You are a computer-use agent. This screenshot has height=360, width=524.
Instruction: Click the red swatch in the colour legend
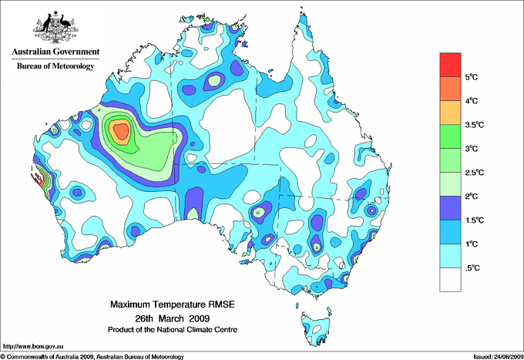pos(450,65)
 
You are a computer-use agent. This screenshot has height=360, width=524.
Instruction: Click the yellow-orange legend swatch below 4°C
pos(450,113)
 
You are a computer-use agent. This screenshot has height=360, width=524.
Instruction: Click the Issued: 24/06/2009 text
pos(496,356)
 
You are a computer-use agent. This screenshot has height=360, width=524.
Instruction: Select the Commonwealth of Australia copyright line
pos(92,356)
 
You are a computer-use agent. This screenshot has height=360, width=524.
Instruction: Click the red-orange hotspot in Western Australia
pos(120,133)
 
